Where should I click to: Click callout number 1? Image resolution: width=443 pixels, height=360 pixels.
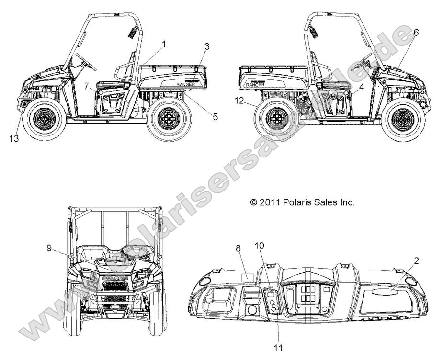tap(164, 44)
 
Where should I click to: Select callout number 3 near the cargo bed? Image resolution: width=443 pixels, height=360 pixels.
tap(207, 46)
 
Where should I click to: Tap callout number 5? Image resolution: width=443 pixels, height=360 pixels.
tap(215, 116)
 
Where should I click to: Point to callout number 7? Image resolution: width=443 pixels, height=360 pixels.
tap(87, 86)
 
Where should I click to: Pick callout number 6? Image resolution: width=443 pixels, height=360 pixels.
tap(416, 33)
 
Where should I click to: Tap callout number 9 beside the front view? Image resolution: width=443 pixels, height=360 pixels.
tap(49, 247)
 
